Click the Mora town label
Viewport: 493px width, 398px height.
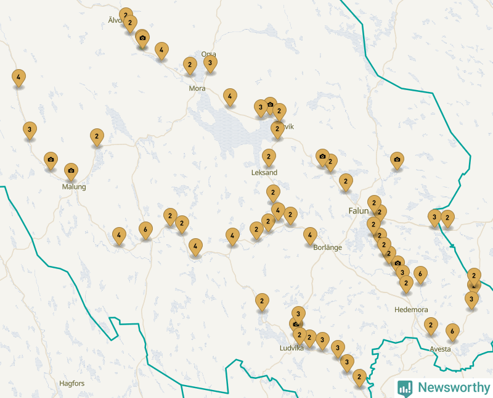point(197,89)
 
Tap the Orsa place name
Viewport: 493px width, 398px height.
point(209,54)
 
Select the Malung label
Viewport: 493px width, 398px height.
point(74,187)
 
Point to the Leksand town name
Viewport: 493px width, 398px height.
point(264,173)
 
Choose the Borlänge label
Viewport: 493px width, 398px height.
point(328,247)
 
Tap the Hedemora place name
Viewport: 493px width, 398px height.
point(411,310)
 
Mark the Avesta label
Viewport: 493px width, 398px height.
point(440,349)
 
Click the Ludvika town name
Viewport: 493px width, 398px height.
point(291,348)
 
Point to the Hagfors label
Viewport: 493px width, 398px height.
point(71,383)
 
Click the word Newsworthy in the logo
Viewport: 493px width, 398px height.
point(454,388)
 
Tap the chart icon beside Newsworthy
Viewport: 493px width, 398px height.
point(405,388)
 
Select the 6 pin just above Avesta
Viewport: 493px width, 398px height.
point(453,331)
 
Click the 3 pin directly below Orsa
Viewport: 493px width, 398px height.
point(210,63)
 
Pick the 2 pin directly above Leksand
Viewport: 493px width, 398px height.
point(269,157)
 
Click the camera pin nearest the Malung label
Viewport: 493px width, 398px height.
point(71,171)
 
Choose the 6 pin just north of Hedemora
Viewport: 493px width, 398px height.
point(420,273)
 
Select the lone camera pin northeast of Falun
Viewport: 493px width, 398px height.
point(397,160)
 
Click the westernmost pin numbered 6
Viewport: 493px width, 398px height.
point(145,230)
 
